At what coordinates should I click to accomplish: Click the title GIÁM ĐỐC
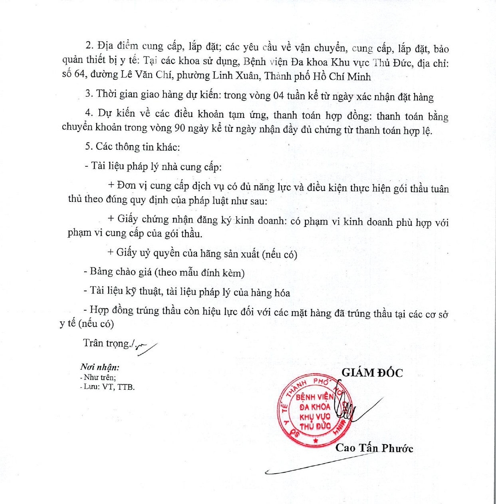tap(372, 373)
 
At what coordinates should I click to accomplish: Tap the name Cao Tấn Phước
tap(374, 448)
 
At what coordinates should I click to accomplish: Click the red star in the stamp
tap(316, 440)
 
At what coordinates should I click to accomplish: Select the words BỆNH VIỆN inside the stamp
tap(314, 397)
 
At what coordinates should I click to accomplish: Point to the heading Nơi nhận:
tap(99, 367)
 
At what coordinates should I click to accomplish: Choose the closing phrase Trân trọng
tap(106, 343)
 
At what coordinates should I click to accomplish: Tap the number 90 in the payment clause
tap(179, 128)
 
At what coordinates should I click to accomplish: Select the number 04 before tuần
tap(278, 96)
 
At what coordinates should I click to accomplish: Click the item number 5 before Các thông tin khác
tap(88, 146)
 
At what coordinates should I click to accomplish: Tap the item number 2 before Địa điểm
tap(89, 45)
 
